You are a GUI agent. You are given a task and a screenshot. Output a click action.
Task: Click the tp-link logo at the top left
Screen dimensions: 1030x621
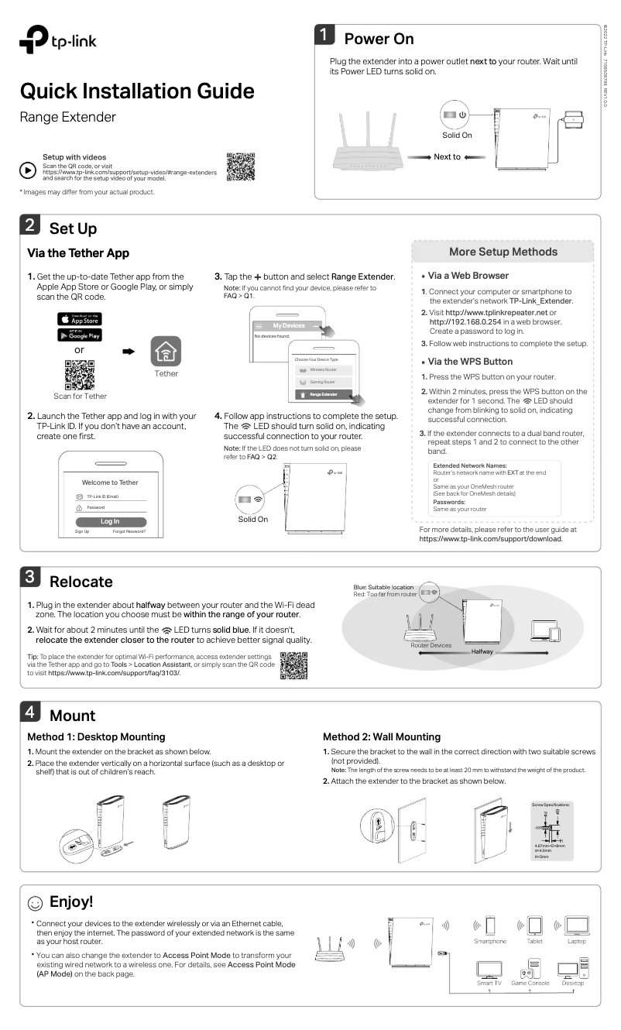[57, 40]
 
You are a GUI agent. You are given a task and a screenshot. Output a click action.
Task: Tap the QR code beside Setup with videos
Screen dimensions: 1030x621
[241, 167]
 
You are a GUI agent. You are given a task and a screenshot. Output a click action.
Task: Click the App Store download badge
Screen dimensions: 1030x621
[80, 318]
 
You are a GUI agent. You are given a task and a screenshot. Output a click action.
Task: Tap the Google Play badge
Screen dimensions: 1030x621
[80, 335]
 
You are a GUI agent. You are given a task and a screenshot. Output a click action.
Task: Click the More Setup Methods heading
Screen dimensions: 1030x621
[503, 252]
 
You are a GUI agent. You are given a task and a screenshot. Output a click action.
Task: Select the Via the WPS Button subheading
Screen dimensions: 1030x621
[470, 362]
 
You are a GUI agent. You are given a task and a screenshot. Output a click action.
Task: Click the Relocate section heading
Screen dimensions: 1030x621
[81, 582]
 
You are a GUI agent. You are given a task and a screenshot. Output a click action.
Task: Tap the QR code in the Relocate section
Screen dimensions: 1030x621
[293, 665]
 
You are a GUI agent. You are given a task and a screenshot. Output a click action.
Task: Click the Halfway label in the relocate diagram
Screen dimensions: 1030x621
[482, 652]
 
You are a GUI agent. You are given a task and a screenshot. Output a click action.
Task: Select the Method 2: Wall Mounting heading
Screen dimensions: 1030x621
[381, 736]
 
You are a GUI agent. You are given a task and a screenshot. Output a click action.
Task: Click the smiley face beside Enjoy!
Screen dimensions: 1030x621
[35, 903]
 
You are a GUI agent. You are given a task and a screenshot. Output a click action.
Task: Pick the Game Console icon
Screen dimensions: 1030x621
[530, 967]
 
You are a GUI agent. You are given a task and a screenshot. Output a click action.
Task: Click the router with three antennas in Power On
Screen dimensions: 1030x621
[372, 143]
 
